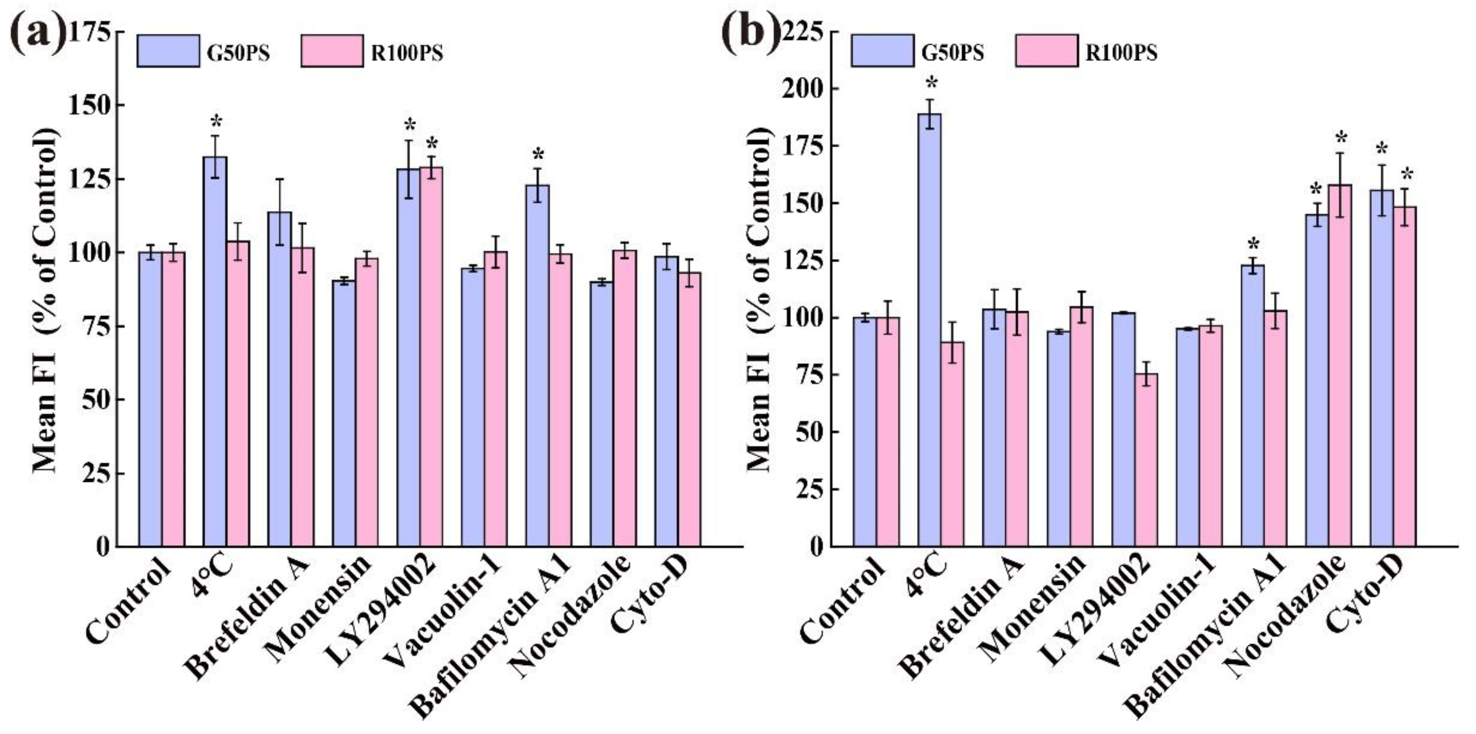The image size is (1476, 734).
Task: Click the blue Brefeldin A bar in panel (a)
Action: pyautogui.click(x=280, y=378)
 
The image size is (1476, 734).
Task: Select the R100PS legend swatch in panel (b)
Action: pyautogui.click(x=1046, y=51)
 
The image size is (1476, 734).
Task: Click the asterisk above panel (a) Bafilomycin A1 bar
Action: pyautogui.click(x=538, y=155)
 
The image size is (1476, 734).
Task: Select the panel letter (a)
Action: pyautogui.click(x=37, y=33)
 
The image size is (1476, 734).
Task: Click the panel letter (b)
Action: pyautogui.click(x=751, y=33)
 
